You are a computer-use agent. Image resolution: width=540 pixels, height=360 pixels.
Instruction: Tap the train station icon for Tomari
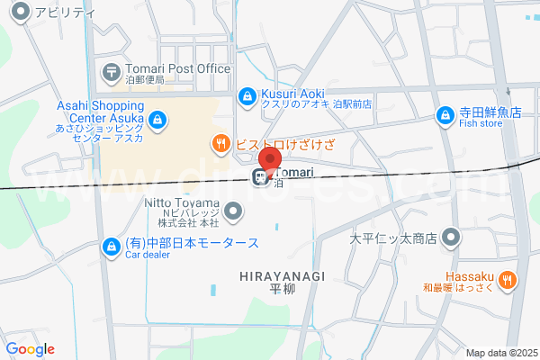pyautogui.click(x=260, y=176)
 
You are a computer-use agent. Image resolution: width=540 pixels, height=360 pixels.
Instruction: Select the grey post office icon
pyautogui.click(x=111, y=69)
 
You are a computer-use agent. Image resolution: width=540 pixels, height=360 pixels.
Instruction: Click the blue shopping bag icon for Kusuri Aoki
pyautogui.click(x=247, y=94)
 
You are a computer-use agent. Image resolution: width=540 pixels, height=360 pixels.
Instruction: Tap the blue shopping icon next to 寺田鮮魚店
pyautogui.click(x=445, y=115)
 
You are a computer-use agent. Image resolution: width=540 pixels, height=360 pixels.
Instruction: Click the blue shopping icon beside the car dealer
pyautogui.click(x=111, y=245)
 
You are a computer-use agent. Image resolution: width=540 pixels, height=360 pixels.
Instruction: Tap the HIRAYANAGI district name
pyautogui.click(x=282, y=274)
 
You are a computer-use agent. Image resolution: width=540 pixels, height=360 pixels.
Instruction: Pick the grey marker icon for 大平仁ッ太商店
pyautogui.click(x=451, y=238)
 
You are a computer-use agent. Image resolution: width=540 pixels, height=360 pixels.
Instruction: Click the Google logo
pyautogui.click(x=31, y=349)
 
